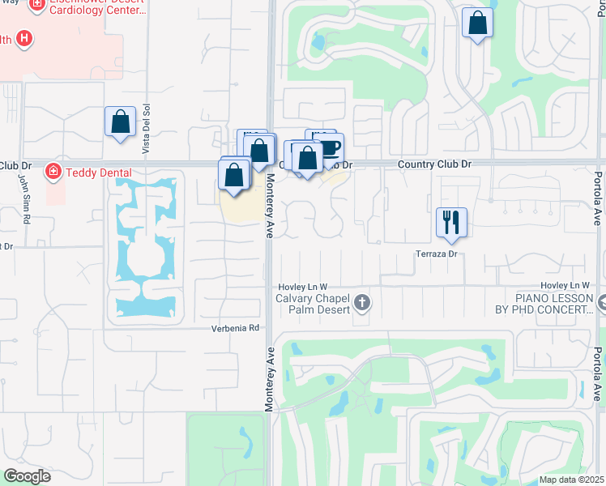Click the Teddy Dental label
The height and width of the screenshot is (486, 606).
98,172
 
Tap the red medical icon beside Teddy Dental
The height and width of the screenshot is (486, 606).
53,172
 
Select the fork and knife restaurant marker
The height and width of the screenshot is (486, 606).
451,222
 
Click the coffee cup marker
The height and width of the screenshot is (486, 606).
329,148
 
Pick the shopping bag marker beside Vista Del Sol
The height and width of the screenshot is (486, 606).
120,123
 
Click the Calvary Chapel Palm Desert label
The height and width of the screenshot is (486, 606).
312,304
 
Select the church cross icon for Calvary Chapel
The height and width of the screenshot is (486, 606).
362,304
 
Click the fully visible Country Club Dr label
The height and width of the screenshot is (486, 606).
434,164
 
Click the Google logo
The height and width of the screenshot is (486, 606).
28,476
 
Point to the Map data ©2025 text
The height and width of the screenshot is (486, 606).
571,480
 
